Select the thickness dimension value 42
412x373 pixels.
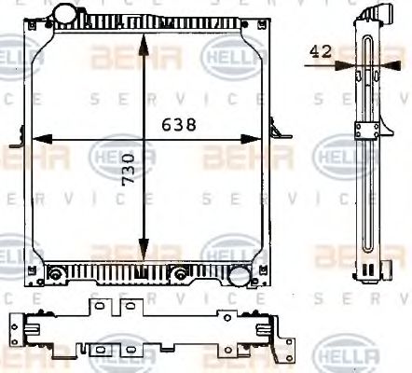[x=320, y=52]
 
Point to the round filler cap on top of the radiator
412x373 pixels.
[x=67, y=16]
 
